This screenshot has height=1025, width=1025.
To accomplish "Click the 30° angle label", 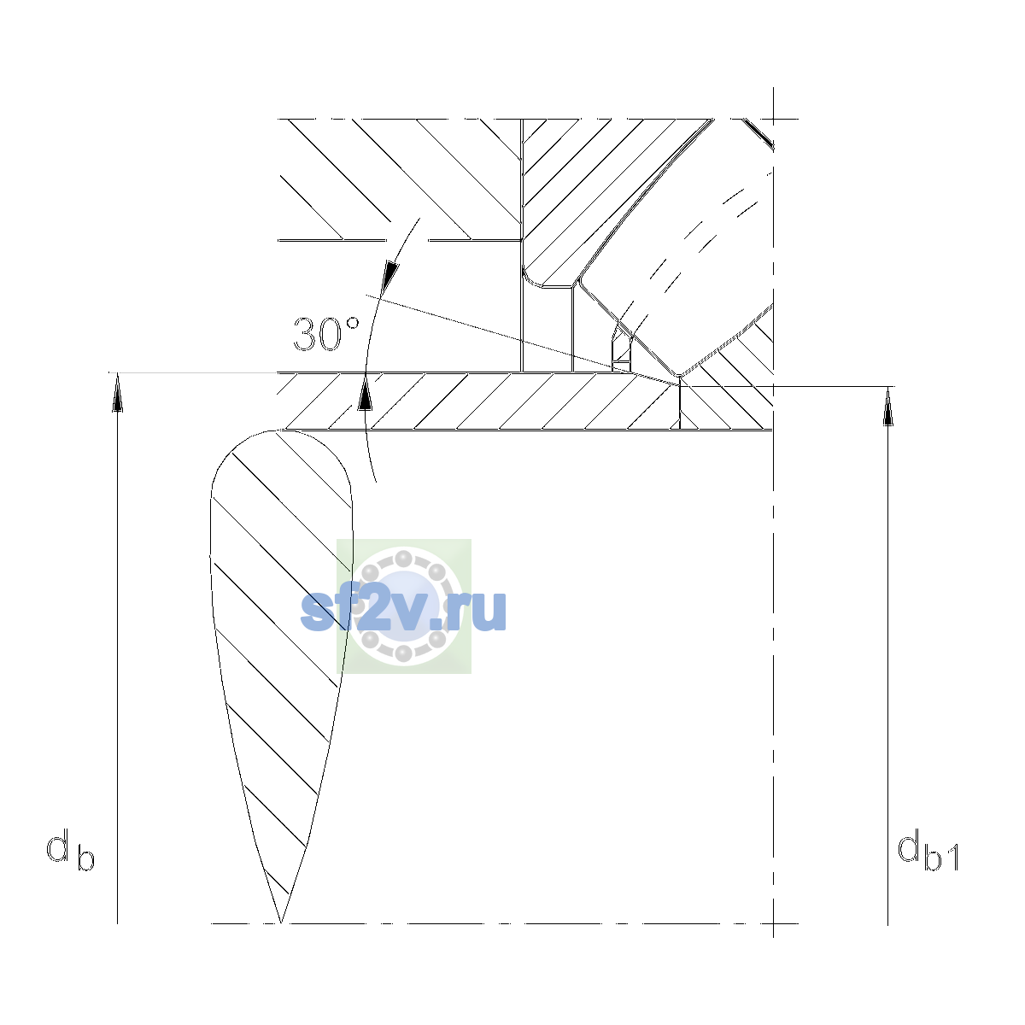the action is point(326,334).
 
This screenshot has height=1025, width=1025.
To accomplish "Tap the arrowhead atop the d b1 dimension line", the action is point(887,407).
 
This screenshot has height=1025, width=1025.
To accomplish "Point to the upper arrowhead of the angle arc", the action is point(391,274).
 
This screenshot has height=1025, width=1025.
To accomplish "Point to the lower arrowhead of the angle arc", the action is point(365,392).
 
